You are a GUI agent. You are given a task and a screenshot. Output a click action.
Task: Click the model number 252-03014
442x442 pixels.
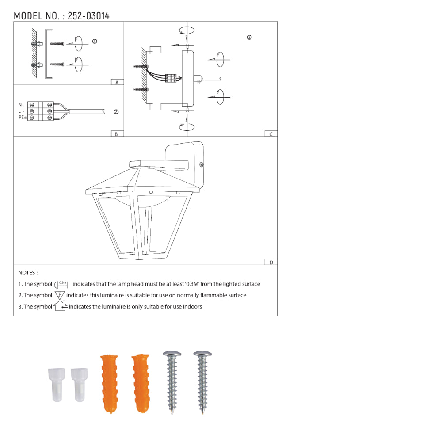pos(88,16)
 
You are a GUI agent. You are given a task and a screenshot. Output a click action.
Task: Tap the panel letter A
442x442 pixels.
pos(117,82)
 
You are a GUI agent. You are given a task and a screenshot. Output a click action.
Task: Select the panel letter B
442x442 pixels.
pos(116,134)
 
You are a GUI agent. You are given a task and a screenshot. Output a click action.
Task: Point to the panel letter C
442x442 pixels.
pos(271,134)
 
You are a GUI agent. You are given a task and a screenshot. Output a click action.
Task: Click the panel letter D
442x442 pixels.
pos(271,263)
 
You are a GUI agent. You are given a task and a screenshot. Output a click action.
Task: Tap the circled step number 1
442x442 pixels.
pos(95,42)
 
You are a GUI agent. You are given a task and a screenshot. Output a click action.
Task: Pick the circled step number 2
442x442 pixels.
pos(116,112)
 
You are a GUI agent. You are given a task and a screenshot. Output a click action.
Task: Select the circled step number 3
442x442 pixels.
pos(249,38)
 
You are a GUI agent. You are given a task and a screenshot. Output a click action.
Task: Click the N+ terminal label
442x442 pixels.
pos(22,105)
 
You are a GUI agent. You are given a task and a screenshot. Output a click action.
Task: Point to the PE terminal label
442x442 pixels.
pos(22,117)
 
